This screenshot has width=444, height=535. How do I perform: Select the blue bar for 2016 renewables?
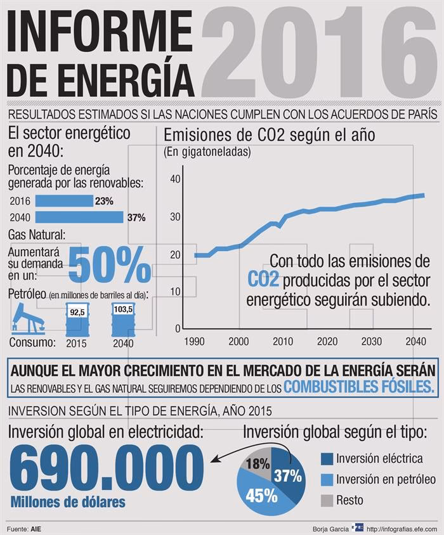click(63, 201)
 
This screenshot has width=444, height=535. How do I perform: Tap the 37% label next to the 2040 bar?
click(136, 217)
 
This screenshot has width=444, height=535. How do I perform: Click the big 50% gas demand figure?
click(108, 265)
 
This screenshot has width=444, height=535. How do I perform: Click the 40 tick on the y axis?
click(175, 179)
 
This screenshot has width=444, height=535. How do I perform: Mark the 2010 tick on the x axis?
click(282, 341)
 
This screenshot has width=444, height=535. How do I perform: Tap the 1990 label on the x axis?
click(194, 341)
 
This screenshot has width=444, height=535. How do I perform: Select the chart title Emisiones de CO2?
click(270, 135)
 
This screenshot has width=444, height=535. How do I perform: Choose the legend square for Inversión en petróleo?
click(327, 479)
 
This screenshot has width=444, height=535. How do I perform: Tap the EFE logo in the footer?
click(359, 527)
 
